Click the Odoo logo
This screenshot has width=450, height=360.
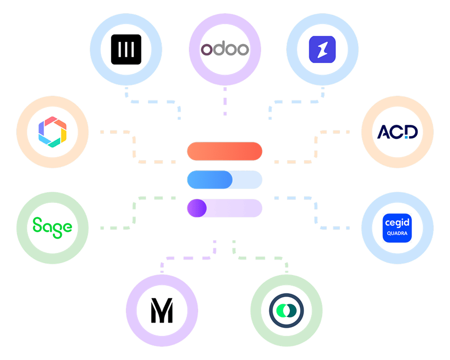tap(225, 50)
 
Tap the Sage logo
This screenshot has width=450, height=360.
tap(52, 226)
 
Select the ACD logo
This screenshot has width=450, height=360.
tap(397, 132)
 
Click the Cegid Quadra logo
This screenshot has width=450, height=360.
tap(397, 227)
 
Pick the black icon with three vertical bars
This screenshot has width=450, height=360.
tap(126, 50)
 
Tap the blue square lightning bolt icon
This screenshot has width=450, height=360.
tap(322, 50)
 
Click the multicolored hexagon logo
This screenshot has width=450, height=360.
tap(52, 132)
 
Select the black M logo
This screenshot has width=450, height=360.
tap(162, 310)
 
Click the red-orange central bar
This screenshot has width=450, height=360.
tap(225, 152)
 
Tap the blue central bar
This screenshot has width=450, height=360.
tap(225, 180)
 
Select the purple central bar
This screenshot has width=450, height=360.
tap(225, 208)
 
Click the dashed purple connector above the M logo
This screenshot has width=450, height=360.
tap(187, 257)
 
